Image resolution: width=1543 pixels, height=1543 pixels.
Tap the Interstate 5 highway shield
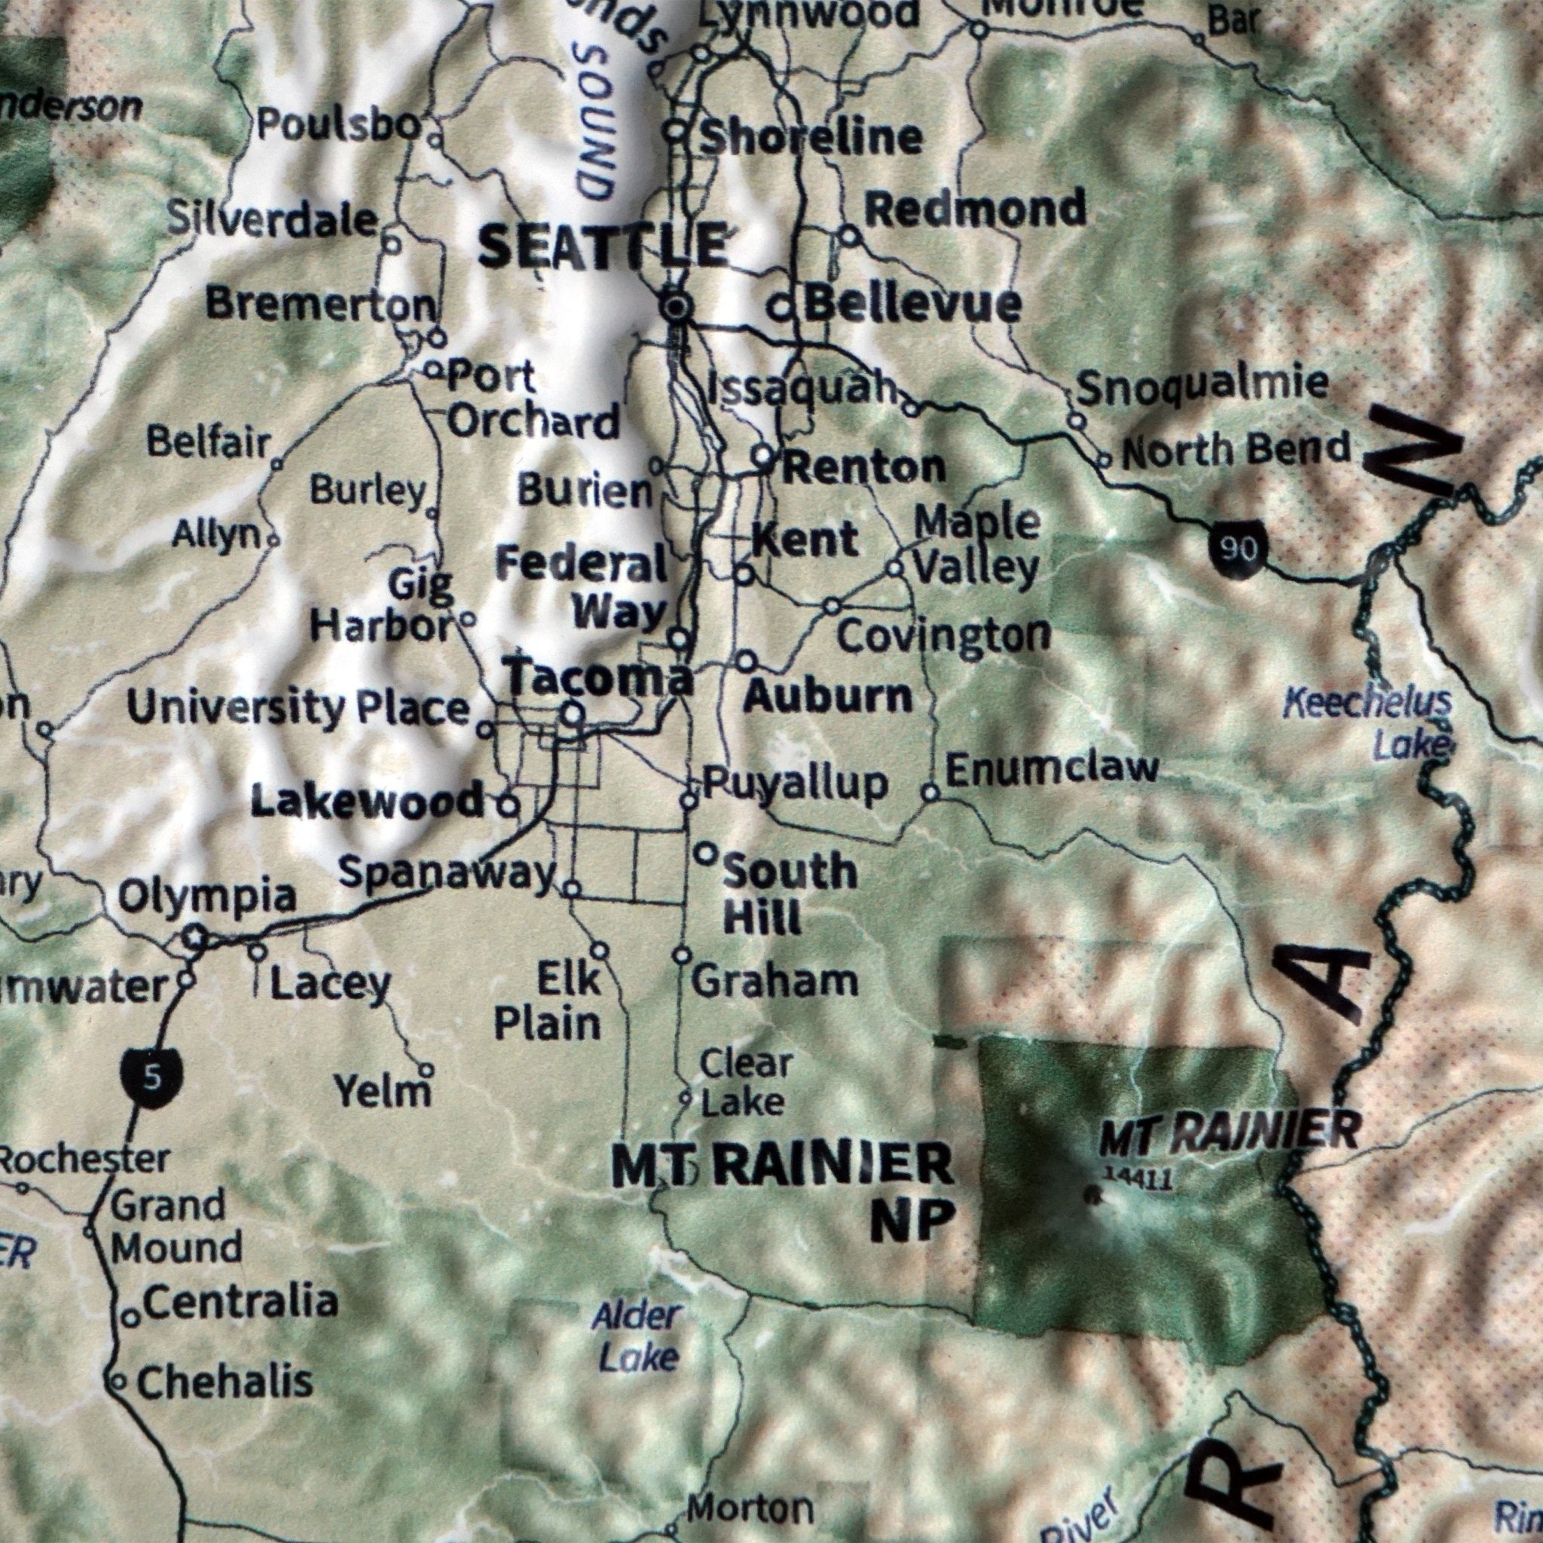coord(151,1077)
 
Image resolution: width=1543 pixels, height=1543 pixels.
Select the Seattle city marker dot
coord(677,306)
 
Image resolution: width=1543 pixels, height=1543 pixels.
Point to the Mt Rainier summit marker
coord(1093,1196)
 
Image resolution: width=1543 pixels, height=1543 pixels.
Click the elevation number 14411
coord(1136,1178)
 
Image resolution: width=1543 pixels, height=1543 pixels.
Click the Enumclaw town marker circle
coord(930,793)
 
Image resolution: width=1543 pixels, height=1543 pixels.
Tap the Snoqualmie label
coord(1202,387)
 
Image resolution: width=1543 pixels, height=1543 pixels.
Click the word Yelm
coord(383,1091)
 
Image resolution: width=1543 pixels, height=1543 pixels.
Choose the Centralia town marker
coord(130,1318)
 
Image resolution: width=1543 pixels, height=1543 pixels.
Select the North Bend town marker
coord(1104,460)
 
